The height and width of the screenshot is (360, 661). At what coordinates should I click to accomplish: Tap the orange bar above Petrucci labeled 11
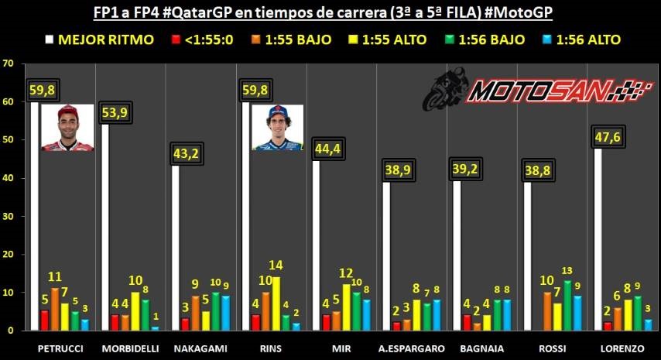pyautogui.click(x=55, y=309)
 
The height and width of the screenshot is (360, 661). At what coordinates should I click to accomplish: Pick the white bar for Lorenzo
pyautogui.click(x=597, y=240)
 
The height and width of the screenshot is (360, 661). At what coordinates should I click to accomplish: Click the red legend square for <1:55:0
pyautogui.click(x=176, y=39)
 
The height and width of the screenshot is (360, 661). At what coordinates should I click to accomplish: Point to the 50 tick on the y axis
pyautogui.click(x=9, y=139)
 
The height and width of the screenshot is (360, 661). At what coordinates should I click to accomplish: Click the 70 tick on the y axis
pyautogui.click(x=9, y=63)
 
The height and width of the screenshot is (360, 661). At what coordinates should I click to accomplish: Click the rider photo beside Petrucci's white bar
pyautogui.click(x=67, y=127)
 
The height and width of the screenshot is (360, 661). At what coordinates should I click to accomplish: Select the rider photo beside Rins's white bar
pyautogui.click(x=277, y=127)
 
